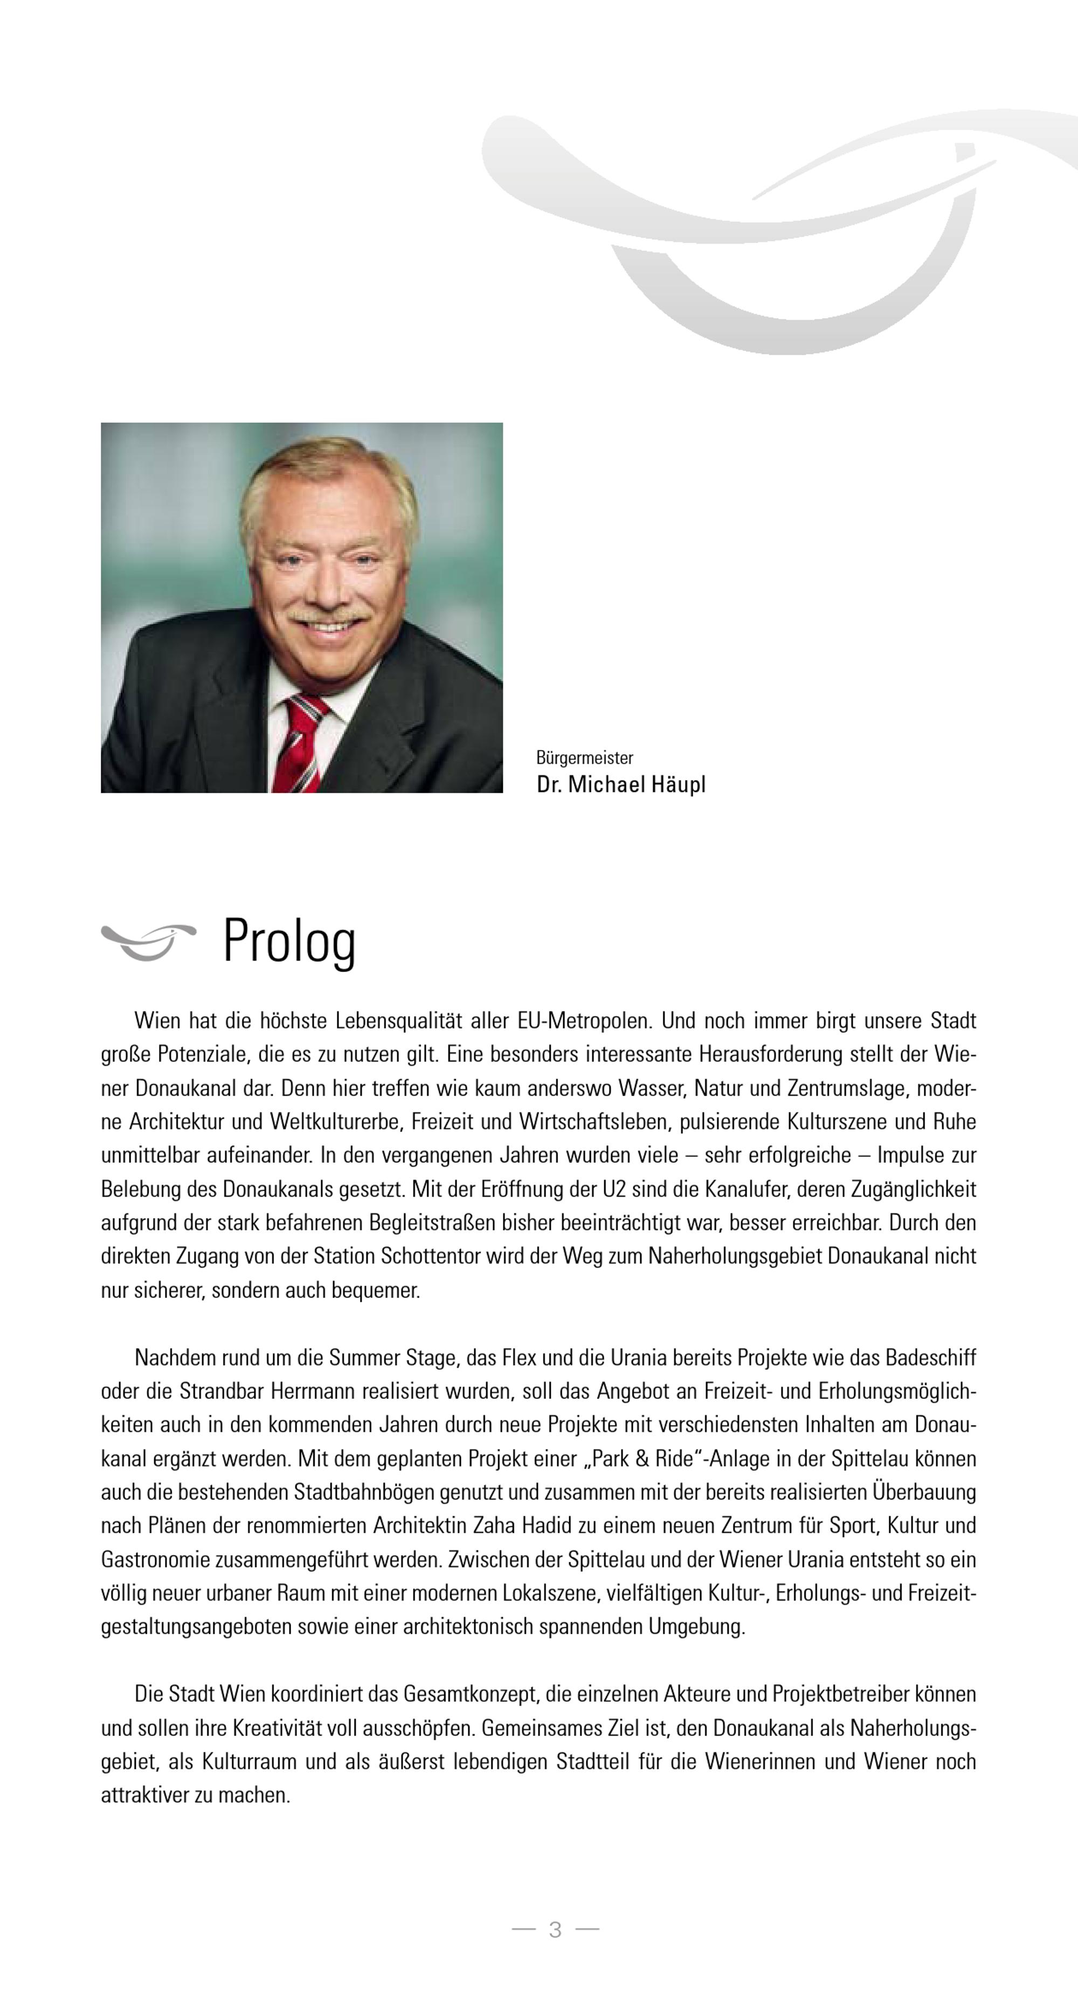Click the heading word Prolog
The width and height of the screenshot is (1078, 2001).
click(289, 941)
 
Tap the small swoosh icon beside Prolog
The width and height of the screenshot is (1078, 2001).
click(148, 941)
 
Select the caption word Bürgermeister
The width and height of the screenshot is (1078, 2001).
click(584, 757)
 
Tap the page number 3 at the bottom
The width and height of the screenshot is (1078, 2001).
click(555, 1929)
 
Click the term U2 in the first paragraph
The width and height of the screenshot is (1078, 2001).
click(613, 1189)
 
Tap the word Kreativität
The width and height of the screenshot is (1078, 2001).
click(277, 1728)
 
